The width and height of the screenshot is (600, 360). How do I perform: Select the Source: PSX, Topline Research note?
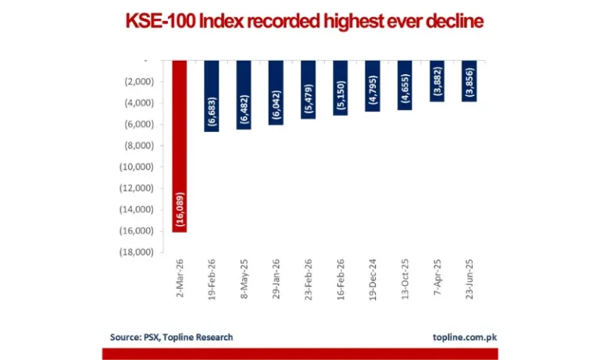(171, 337)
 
